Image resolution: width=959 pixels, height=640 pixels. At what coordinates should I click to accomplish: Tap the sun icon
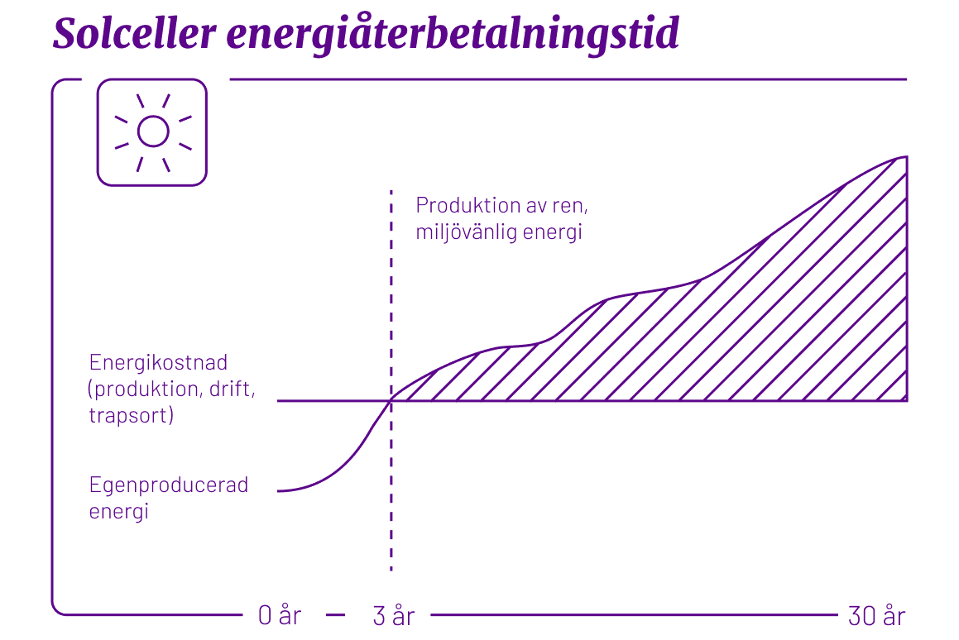click(152, 131)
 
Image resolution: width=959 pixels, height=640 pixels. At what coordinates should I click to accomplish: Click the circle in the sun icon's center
click(152, 131)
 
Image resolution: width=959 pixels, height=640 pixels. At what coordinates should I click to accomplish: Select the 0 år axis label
click(279, 616)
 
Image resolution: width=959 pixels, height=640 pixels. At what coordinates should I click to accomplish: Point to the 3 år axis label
click(393, 616)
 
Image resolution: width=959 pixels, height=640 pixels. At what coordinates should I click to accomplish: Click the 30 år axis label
click(877, 616)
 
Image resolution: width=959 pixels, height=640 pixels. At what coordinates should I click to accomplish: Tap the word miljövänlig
click(466, 232)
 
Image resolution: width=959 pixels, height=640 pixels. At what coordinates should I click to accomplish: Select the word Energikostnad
click(158, 363)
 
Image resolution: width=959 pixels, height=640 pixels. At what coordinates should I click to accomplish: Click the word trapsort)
click(131, 415)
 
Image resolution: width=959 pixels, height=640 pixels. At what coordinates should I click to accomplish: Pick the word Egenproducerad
click(169, 485)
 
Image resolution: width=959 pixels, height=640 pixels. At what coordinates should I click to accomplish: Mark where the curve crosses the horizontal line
click(391, 401)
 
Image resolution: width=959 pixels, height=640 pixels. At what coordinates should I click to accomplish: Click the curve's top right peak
click(907, 156)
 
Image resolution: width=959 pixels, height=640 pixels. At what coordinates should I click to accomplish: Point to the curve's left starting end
click(280, 491)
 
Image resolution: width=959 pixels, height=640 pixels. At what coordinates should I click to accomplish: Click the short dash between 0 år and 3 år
click(335, 616)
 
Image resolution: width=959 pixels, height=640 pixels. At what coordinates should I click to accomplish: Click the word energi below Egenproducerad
click(118, 512)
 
